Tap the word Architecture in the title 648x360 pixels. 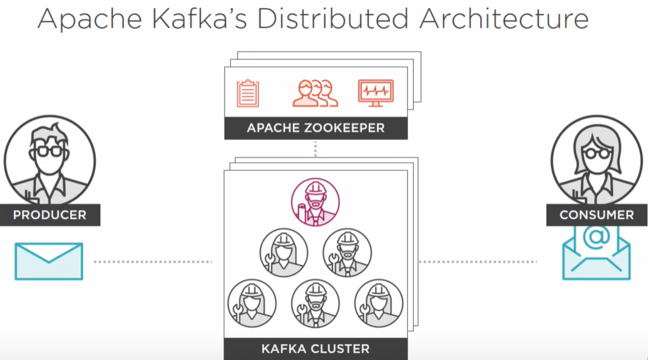tap(504, 19)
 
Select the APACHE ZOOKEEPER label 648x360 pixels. tap(316, 128)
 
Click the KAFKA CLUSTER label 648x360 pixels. tap(316, 349)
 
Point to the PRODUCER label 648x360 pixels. tap(50, 215)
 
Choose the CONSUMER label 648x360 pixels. tap(596, 215)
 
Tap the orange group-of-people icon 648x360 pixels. tap(315, 92)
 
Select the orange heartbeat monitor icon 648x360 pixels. tap(375, 92)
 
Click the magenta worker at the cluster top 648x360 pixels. tap(316, 201)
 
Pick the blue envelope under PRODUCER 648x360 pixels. tap(49, 261)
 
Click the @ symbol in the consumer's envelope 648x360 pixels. tap(596, 236)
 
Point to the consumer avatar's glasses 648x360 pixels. tap(596, 153)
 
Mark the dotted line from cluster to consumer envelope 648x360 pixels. tap(477, 262)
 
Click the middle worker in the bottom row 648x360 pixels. tap(316, 303)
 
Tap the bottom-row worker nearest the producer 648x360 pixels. tap(252, 303)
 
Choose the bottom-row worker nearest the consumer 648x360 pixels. tap(379, 303)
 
